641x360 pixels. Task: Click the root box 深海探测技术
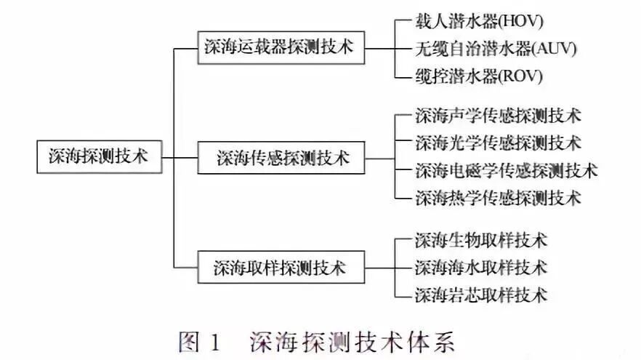(x=98, y=156)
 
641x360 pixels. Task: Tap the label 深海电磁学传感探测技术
(x=506, y=170)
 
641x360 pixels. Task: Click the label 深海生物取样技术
(x=480, y=239)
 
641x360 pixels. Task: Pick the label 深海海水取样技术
(x=480, y=267)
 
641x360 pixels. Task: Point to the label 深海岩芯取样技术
(x=480, y=295)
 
